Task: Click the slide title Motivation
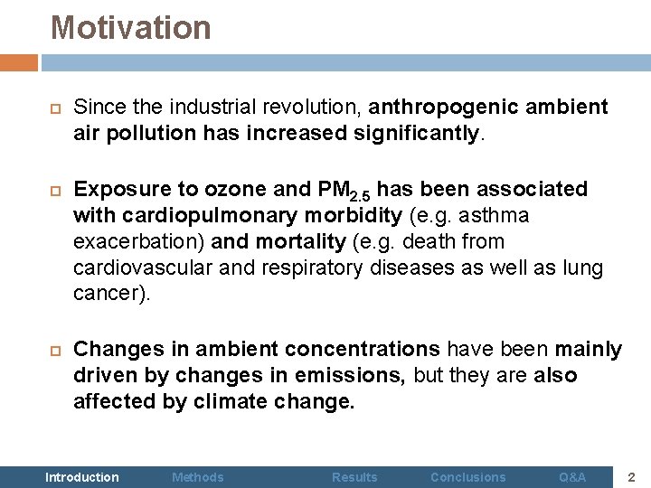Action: coord(130,28)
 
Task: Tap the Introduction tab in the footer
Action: coord(81,477)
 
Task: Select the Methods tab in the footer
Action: coord(198,477)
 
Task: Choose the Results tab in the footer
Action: coord(354,477)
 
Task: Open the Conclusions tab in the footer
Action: coord(468,477)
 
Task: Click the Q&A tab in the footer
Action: coord(572,477)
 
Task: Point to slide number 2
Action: coord(633,476)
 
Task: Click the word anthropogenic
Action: coord(442,108)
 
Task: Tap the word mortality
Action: coord(301,242)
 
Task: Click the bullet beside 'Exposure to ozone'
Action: coord(53,190)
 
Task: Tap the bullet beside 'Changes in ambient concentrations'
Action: coord(53,350)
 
